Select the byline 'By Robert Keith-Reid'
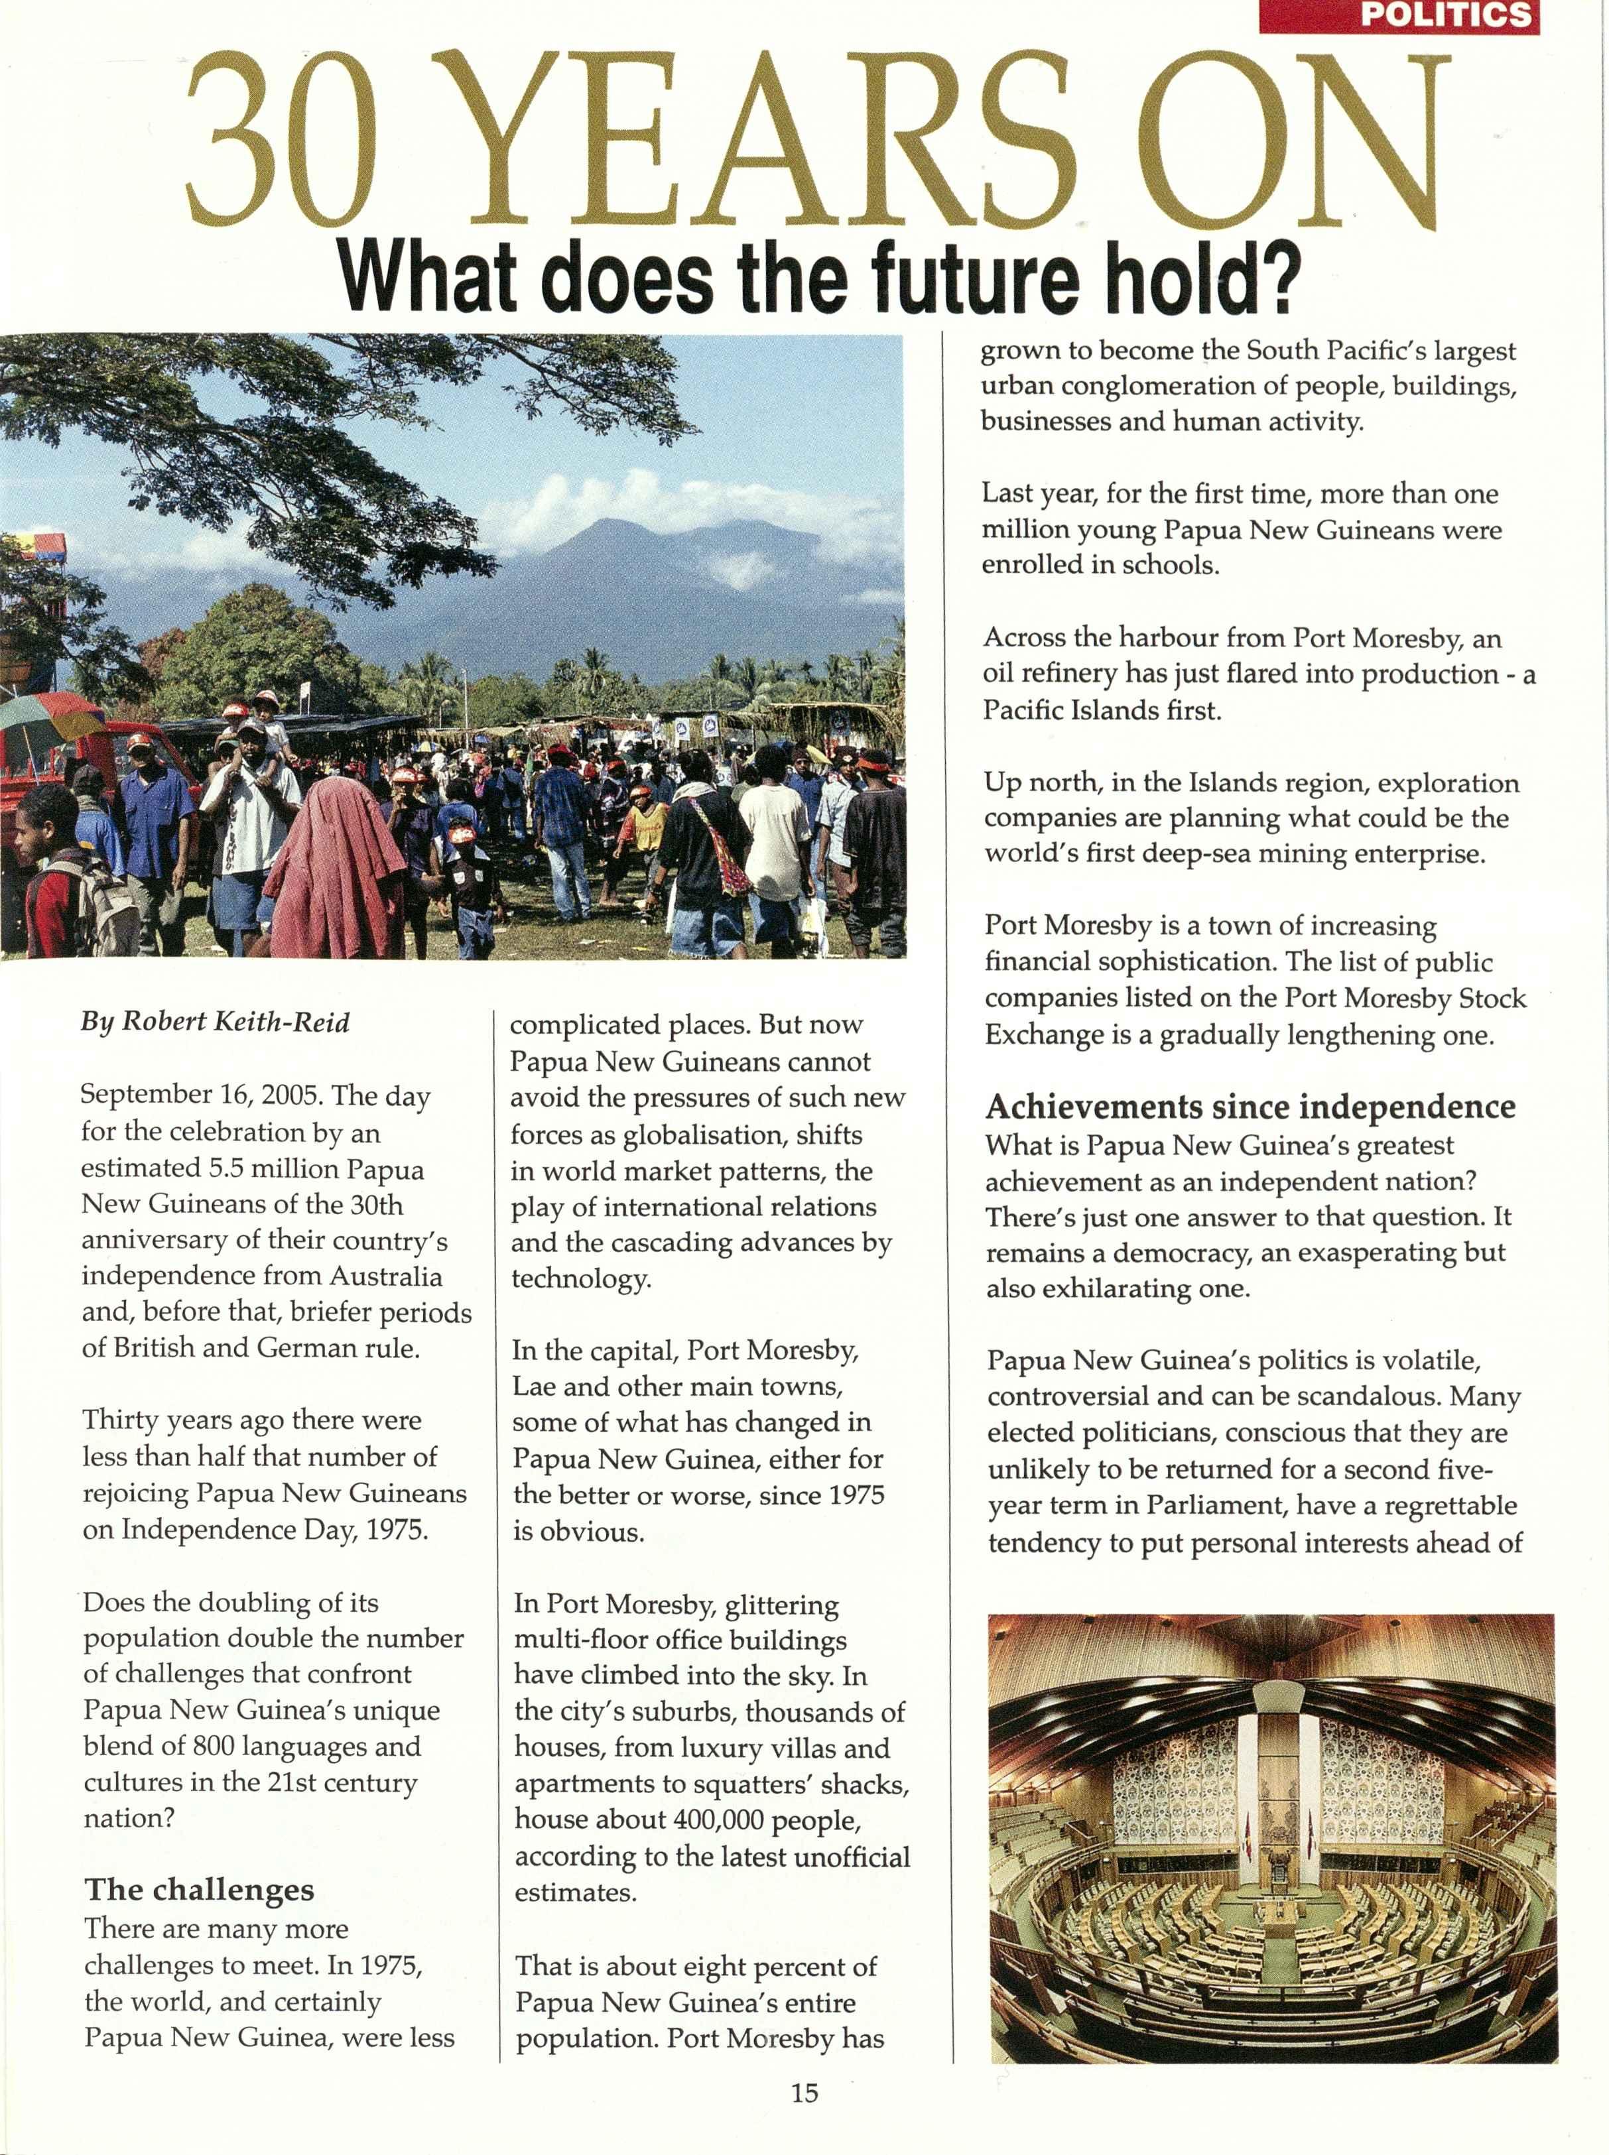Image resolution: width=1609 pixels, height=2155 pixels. tap(216, 1022)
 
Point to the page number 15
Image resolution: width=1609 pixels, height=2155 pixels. tap(804, 2092)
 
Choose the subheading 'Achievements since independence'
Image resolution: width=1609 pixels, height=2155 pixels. tap(1250, 1107)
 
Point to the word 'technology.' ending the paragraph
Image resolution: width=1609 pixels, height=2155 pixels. tap(580, 1278)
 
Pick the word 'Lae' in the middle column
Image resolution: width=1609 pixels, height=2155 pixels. tap(533, 1386)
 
